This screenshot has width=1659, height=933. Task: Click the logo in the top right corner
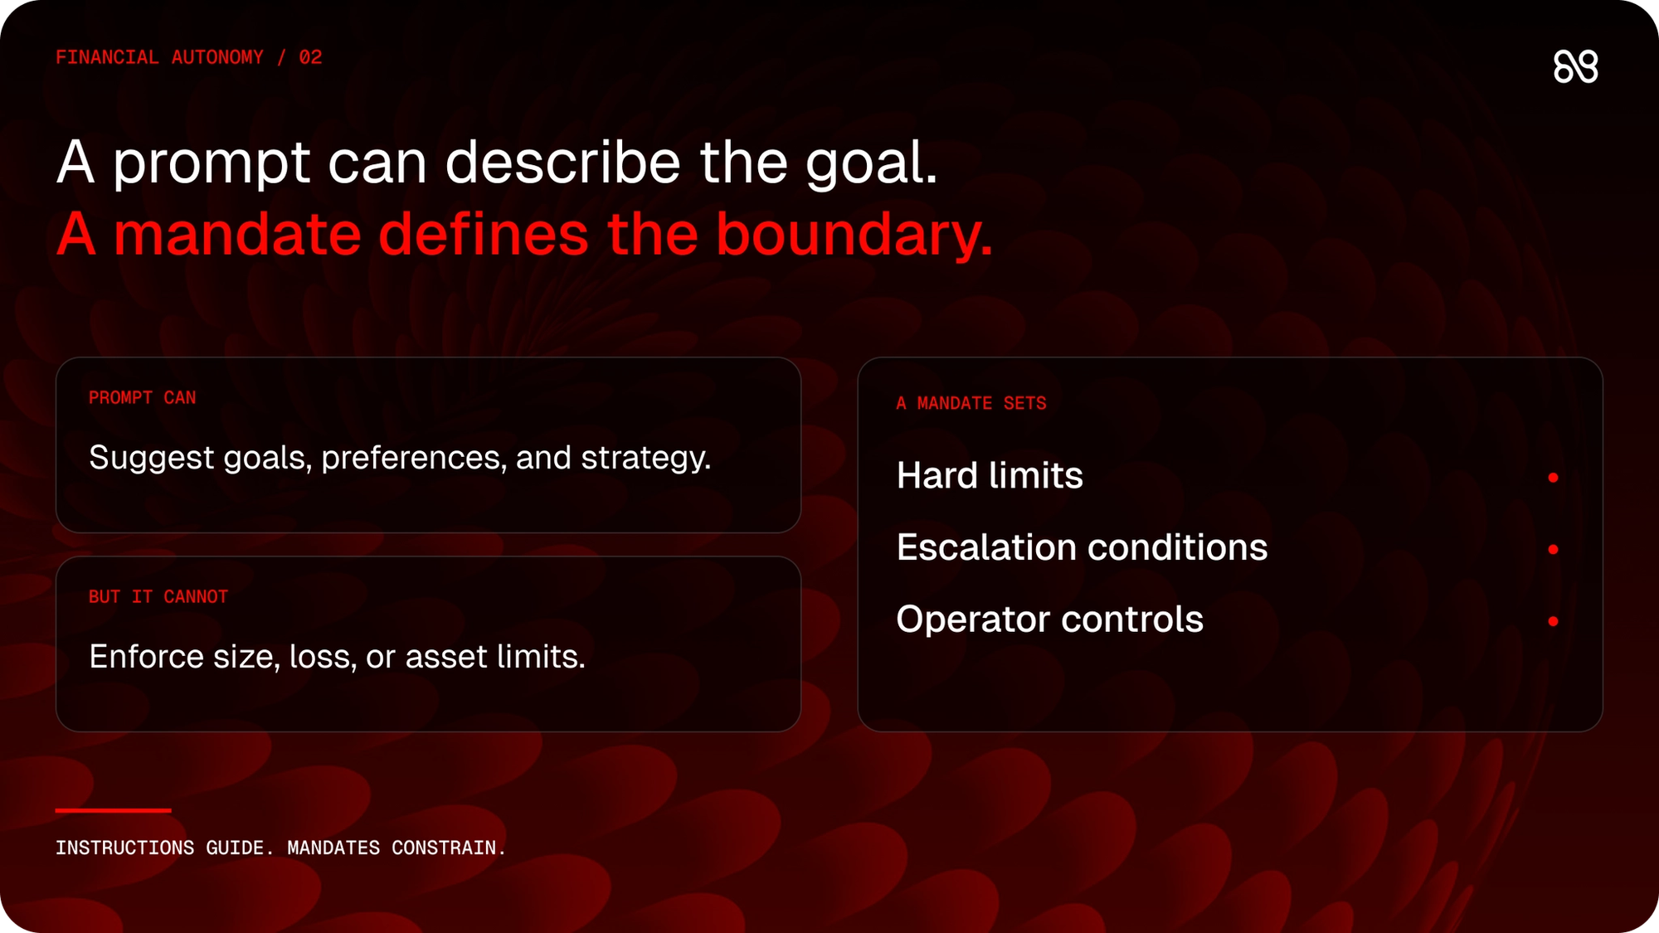1575,66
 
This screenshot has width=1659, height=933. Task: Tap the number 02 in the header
310,57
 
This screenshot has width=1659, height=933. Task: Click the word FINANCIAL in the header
107,57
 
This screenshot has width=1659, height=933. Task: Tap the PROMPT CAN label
143,398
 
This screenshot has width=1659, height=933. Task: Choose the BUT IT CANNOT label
158,597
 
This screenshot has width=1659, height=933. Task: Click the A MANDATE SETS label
971,404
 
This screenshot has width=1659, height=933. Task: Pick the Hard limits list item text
990,476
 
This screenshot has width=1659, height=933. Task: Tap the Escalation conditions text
1082,547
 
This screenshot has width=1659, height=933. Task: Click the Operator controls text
1049,620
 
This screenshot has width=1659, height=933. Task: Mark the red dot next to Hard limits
1553,478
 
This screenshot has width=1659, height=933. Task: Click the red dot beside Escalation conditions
1553,550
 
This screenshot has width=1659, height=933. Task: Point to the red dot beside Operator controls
1553,621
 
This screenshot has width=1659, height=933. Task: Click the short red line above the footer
114,810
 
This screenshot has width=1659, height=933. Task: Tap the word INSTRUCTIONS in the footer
125,848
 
